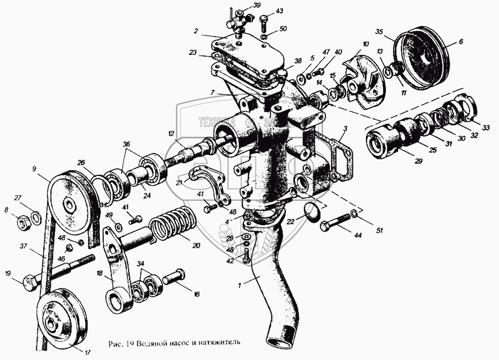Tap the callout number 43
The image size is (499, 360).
279,11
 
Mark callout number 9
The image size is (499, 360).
34,169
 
